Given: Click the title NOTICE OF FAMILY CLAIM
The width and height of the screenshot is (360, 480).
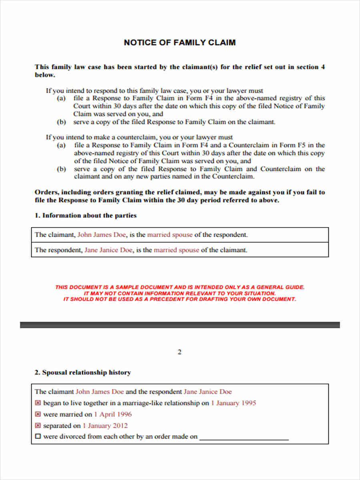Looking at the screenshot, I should pos(180,42).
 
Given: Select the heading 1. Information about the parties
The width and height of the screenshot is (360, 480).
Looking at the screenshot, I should pos(86,216).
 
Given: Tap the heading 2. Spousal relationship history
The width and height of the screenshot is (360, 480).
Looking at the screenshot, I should pos(83,372).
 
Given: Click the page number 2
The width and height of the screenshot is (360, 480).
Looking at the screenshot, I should pos(180,352).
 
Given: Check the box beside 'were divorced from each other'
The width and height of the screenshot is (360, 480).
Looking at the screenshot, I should pos(38,437).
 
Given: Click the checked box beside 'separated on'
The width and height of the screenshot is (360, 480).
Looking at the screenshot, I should pos(38,426).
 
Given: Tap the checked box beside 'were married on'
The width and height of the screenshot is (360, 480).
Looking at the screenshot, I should pos(38,414).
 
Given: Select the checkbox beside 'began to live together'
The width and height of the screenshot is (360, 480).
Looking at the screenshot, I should pos(38,403).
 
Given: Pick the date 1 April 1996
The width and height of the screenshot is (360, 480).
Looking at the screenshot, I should pos(113,414).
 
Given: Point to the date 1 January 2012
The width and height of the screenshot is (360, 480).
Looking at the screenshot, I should pos(105,426).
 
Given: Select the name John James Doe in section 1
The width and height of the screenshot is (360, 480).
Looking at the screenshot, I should pos(102,235).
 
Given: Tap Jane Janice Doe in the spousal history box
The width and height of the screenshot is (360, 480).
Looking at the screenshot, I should pos(208,392).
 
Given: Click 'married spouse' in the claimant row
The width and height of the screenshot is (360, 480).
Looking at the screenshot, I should pos(170,235).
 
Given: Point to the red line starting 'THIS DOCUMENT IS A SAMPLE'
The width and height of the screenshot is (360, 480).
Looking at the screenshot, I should pos(180,287).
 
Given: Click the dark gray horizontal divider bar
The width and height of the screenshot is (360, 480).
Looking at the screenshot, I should pos(180,325).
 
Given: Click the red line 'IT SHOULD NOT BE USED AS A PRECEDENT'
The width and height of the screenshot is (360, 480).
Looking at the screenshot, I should pos(180,299).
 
